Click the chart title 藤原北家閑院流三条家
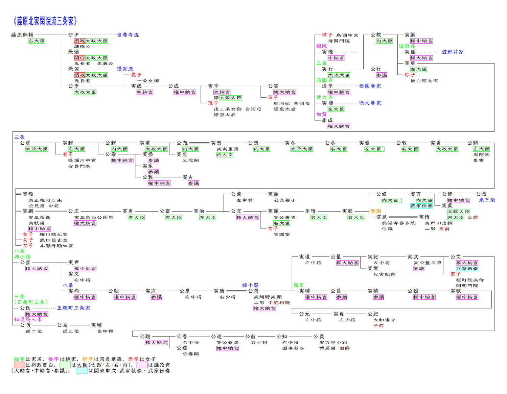[45, 21]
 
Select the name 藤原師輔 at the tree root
[22, 35]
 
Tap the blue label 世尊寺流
[128, 35]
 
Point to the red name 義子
[136, 75]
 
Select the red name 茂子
[213, 103]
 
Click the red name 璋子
[327, 35]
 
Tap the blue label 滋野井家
[453, 52]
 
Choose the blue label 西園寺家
[370, 86]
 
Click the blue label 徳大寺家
[370, 103]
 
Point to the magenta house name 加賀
[321, 114]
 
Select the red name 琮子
[410, 75]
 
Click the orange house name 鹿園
[375, 211]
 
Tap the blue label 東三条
[487, 200]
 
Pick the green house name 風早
[298, 285]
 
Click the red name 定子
[455, 274]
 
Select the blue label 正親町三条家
[73, 308]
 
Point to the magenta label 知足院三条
[28, 319]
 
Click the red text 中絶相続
[279, 303]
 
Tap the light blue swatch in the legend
[82, 371]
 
